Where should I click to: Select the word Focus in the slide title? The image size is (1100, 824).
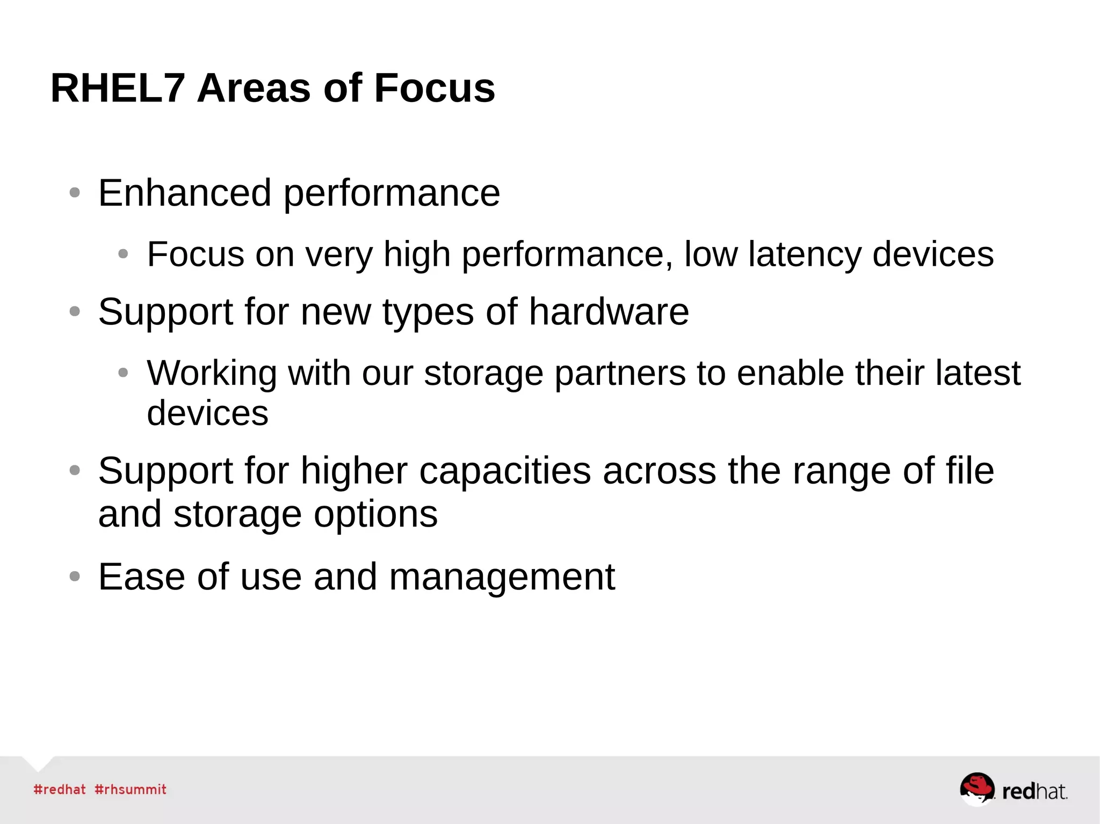point(434,88)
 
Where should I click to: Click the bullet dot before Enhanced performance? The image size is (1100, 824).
point(75,193)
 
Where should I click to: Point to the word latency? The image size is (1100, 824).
point(805,254)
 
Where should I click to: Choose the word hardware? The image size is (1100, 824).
point(609,311)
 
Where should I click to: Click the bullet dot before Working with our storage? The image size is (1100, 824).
point(123,372)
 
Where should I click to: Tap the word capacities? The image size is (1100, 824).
point(505,471)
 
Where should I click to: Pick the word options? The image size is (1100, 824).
point(375,514)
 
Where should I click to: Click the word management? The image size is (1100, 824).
point(502,577)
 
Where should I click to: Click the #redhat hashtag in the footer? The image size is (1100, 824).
point(60,789)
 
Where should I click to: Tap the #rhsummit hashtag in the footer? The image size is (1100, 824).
point(131,789)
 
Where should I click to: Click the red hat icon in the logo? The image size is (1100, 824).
point(976,788)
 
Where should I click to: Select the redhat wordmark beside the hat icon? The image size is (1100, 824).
point(1034,791)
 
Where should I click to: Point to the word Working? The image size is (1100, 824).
point(212,373)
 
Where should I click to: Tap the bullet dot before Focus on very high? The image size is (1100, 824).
point(123,254)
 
